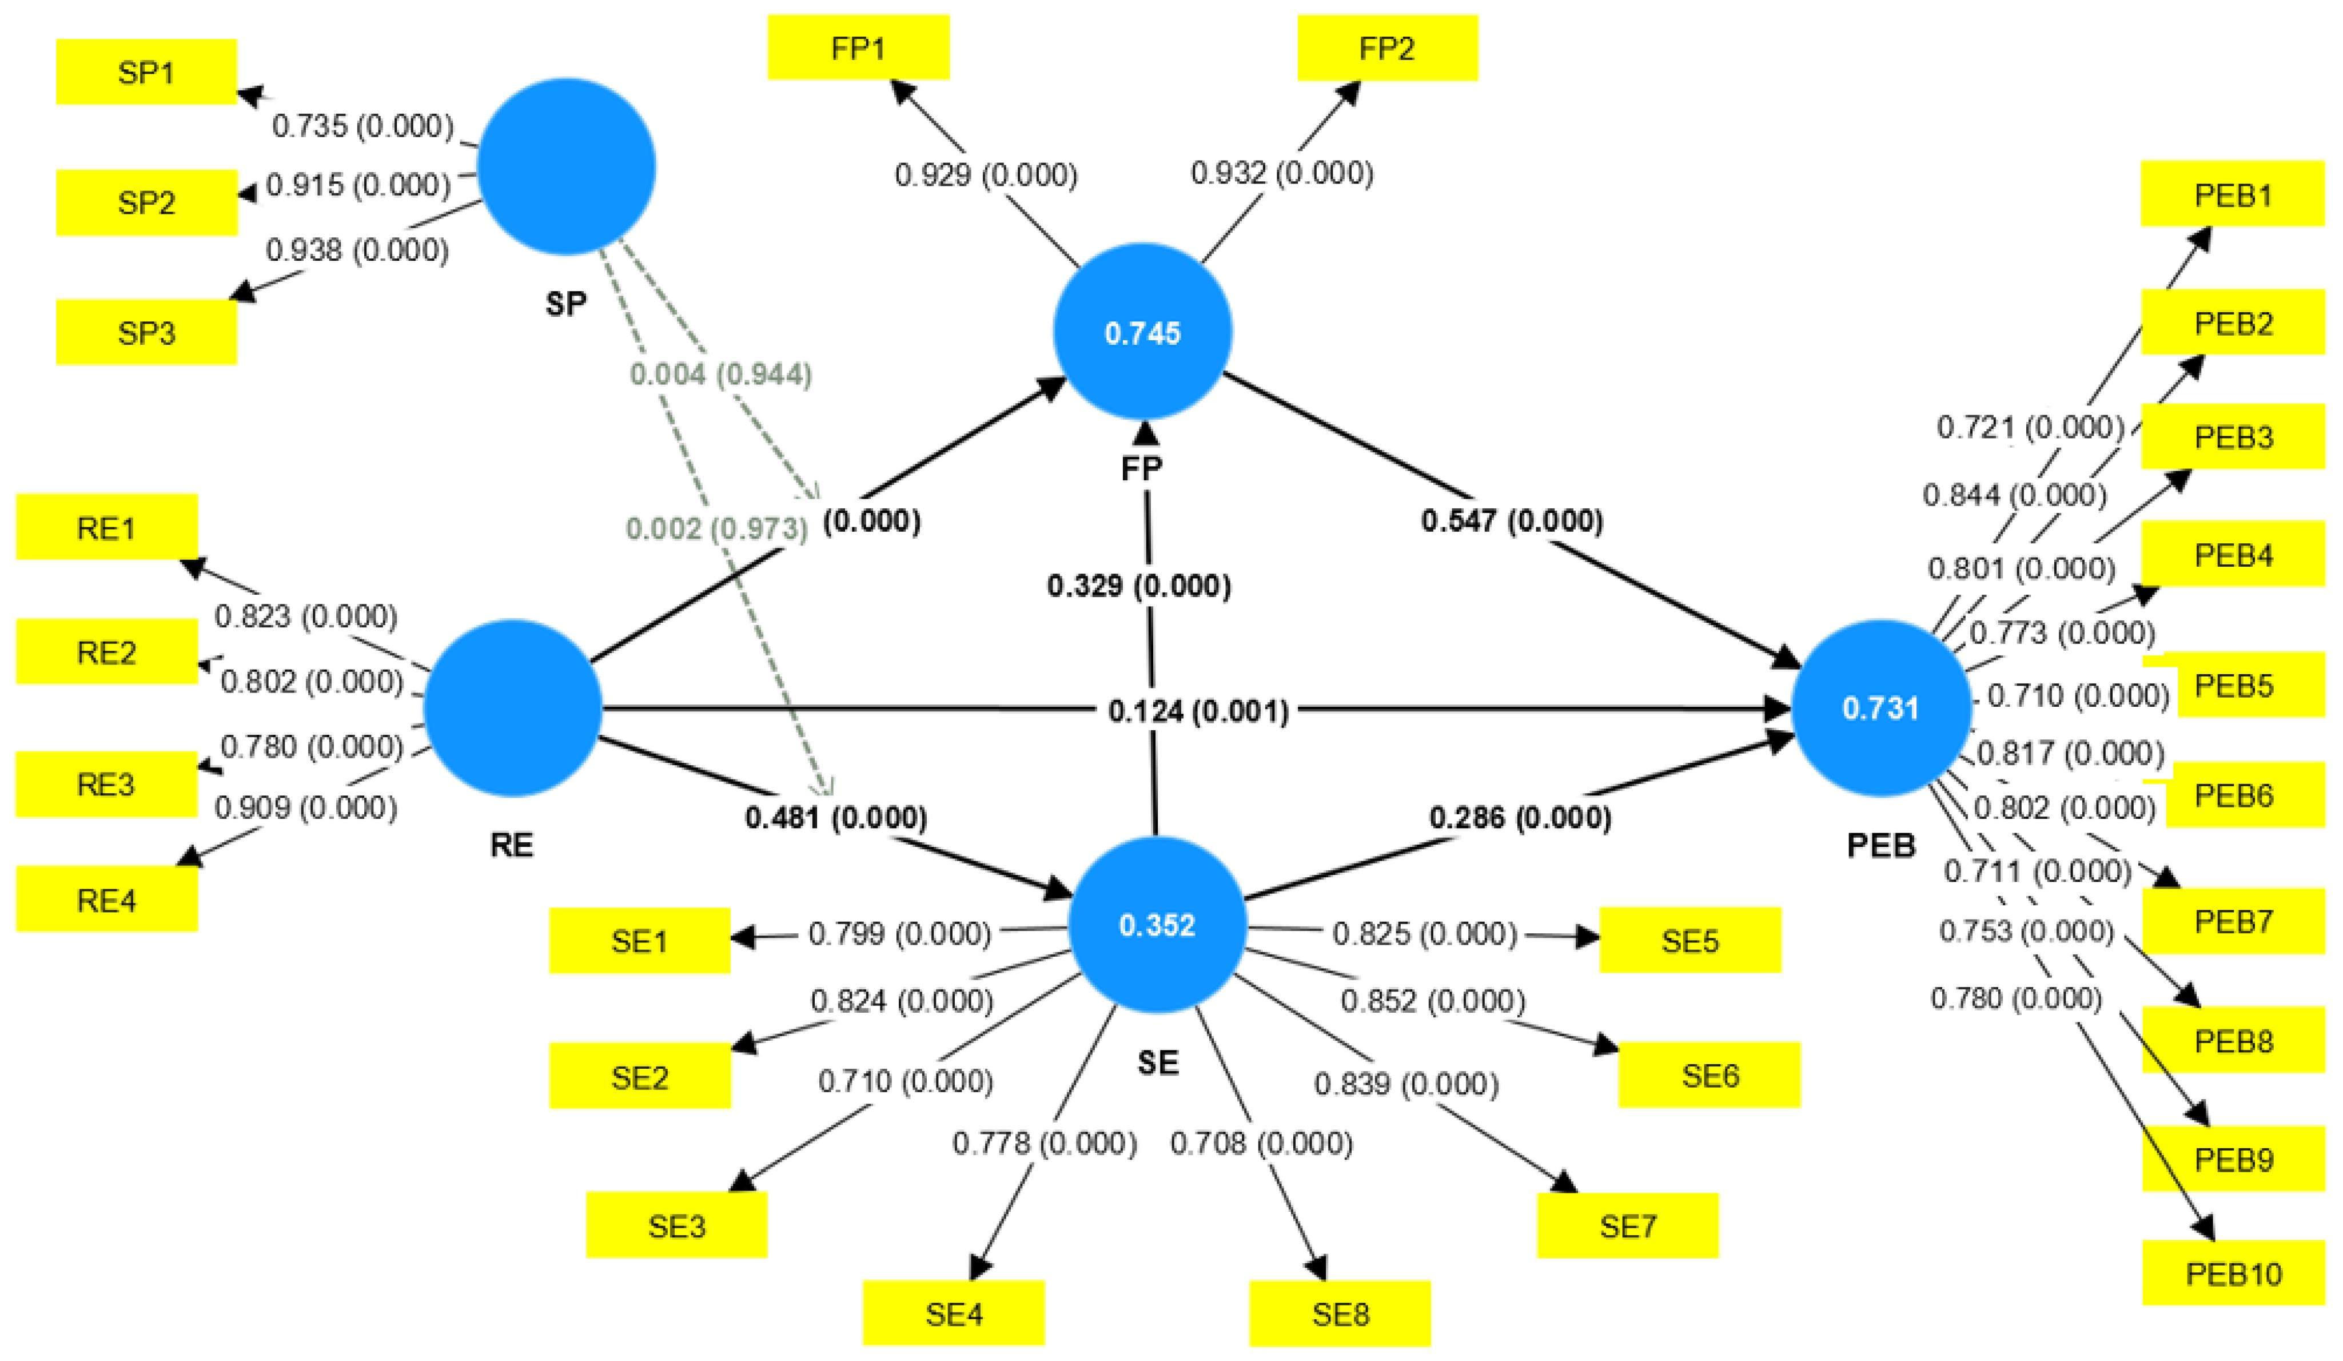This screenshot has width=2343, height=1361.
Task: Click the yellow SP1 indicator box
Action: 146,71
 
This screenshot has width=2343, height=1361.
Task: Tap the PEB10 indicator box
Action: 2233,1273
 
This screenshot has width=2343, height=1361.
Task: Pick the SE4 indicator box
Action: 953,1314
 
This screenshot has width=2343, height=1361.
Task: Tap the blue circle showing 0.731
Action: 1880,709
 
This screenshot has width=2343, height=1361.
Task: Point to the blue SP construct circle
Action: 565,166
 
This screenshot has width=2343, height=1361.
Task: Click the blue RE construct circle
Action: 512,709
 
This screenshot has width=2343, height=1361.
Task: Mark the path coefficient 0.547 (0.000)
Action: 1512,520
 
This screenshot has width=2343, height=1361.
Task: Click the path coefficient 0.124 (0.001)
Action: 1198,711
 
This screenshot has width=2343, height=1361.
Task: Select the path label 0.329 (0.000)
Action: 1139,586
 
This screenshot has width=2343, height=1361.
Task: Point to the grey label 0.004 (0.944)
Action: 720,374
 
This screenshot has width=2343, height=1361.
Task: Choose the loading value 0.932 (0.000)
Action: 1282,173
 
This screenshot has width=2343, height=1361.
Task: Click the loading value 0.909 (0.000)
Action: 306,807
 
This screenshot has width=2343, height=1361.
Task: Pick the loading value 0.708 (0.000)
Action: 1261,1143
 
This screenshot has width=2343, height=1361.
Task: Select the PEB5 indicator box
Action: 2233,685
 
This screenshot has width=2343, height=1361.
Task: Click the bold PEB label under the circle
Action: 1880,845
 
